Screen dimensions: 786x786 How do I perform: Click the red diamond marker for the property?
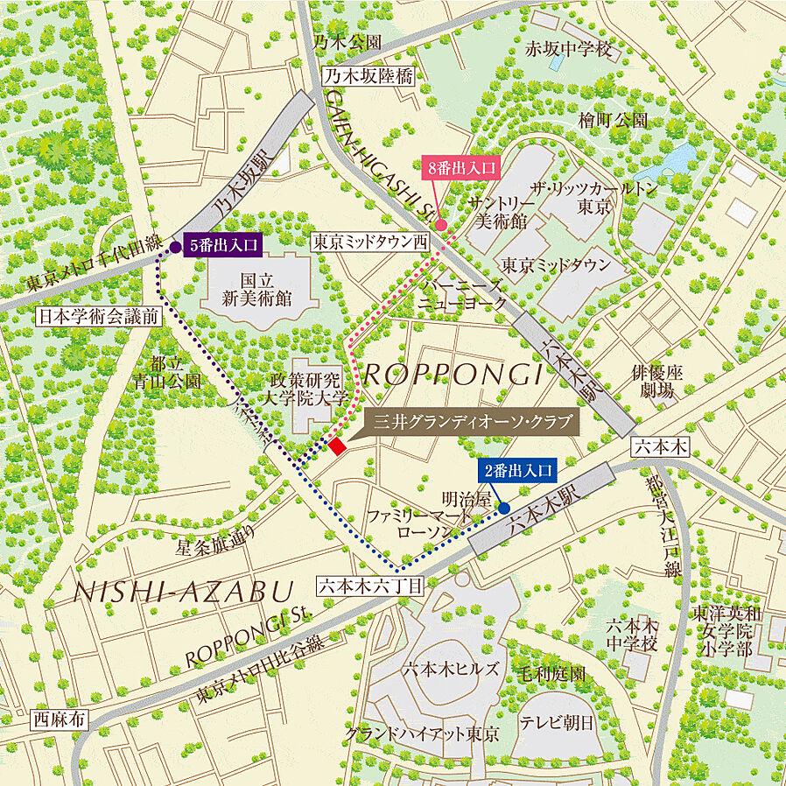337,446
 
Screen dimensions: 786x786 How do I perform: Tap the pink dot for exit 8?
442,225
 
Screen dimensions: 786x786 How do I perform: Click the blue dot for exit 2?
504,507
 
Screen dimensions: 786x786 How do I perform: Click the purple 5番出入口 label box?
223,246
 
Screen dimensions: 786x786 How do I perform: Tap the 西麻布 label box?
60,720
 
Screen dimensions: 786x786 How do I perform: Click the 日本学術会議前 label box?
98,317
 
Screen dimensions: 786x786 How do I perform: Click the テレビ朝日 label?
557,722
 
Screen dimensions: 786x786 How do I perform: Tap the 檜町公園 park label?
613,120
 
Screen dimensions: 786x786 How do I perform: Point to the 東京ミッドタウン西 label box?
372,242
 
